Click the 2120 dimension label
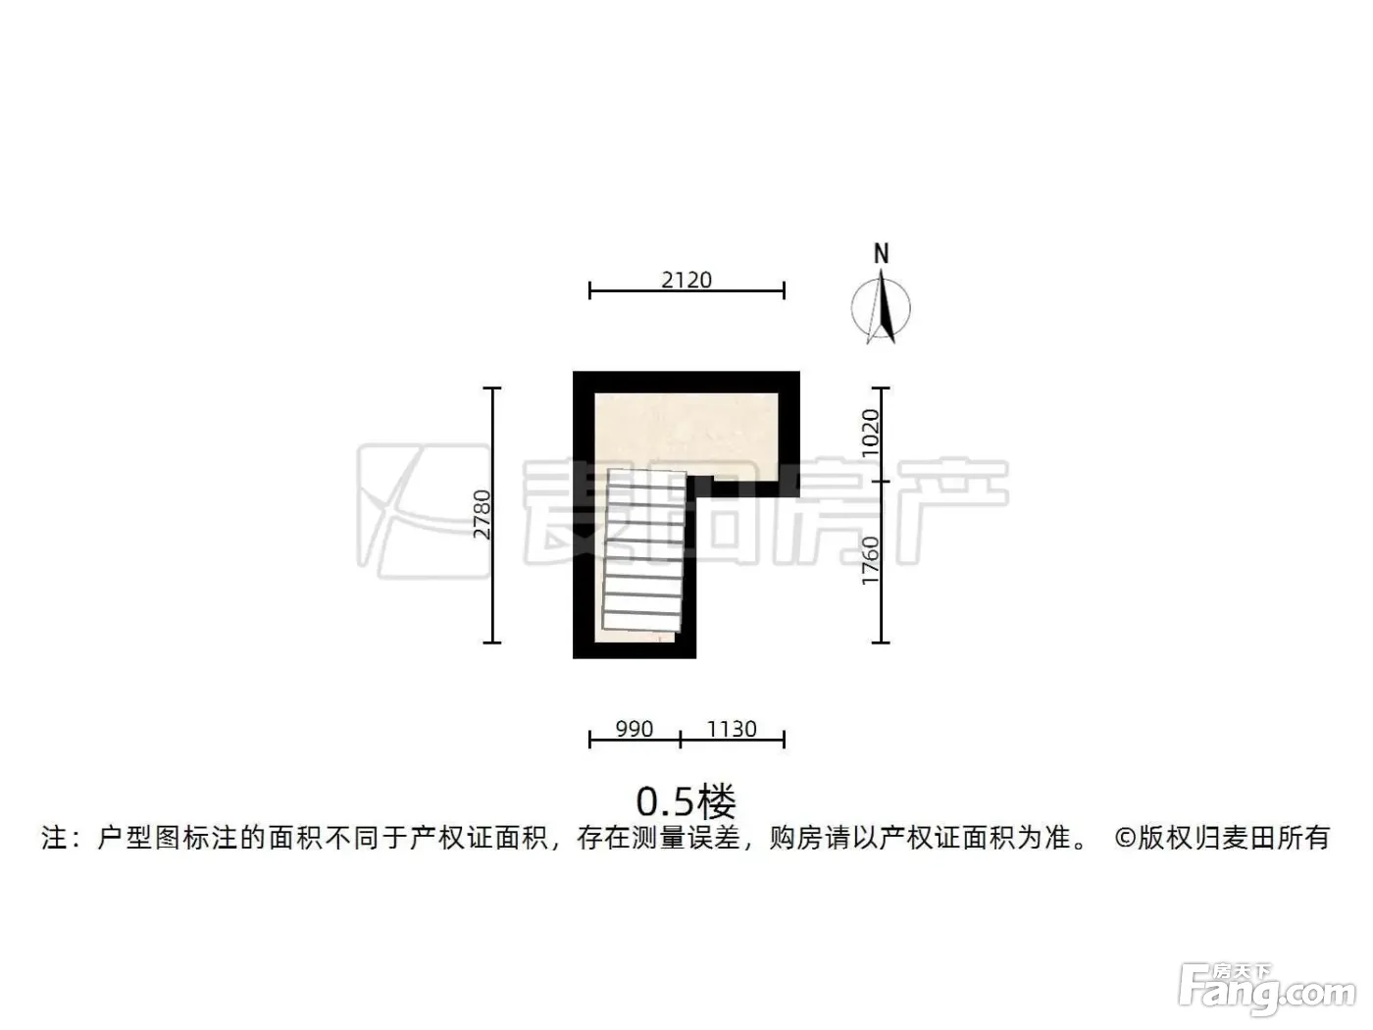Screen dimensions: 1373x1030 click(x=686, y=280)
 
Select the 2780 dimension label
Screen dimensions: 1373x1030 click(x=483, y=514)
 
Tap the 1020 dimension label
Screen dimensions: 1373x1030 click(x=870, y=434)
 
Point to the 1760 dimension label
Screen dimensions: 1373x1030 click(x=870, y=560)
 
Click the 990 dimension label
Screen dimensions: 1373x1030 click(x=635, y=729)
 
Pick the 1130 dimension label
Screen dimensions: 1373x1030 click(x=732, y=729)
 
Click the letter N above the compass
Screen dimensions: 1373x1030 click(x=881, y=253)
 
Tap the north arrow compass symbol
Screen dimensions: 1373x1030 click(x=881, y=307)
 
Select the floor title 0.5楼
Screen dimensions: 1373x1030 click(x=686, y=801)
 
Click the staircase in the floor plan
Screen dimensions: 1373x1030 click(x=643, y=550)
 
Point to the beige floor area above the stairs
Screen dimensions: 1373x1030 click(x=686, y=432)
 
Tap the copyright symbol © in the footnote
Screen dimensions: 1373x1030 click(x=1125, y=839)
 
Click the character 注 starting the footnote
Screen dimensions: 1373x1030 click(x=54, y=838)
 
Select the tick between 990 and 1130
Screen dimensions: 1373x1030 click(x=681, y=740)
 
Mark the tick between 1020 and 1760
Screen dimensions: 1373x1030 click(x=881, y=482)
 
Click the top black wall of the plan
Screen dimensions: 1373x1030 click(x=686, y=383)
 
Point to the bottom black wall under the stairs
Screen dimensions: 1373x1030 click(x=635, y=650)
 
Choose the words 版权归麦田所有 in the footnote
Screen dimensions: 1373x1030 click(x=1234, y=838)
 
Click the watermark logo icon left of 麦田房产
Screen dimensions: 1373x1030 click(x=423, y=511)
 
